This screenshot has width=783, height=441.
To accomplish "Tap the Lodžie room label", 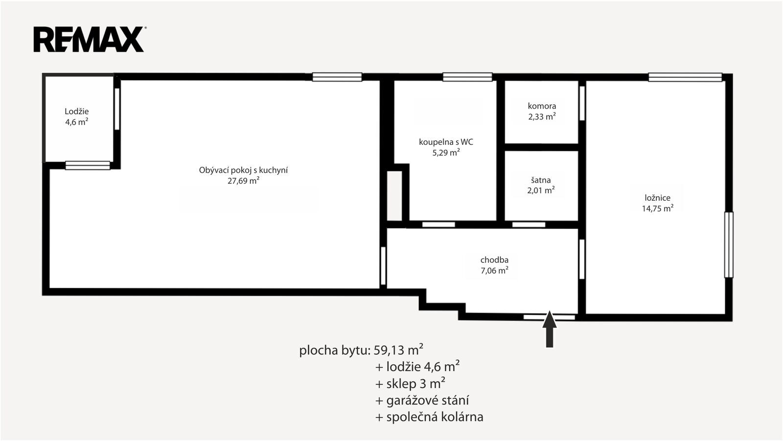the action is [76, 112].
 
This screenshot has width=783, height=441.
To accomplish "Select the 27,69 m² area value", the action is [243, 181].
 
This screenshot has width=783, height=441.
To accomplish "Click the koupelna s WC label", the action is [446, 142].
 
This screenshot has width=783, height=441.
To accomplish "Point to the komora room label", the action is [542, 106].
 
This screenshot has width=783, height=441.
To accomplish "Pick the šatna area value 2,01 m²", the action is [541, 190].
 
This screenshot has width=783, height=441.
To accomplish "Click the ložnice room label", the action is [658, 198].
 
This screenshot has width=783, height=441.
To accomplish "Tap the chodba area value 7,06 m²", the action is [494, 270].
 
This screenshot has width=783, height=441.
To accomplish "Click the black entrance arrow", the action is [550, 329].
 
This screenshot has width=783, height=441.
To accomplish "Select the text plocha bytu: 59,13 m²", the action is [362, 350].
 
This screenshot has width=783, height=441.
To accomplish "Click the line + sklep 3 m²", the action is [410, 384].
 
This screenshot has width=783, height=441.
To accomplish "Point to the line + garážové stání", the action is [422, 400].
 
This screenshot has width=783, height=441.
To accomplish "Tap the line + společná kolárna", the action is [429, 417].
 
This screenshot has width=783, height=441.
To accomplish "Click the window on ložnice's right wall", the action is [729, 245].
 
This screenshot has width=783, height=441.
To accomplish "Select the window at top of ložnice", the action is [685, 77].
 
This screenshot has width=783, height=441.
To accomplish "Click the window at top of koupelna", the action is [467, 77].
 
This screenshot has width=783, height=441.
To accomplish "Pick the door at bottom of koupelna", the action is [438, 225].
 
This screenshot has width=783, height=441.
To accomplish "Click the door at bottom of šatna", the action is [529, 225].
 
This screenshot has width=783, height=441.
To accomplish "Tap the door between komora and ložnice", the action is [582, 103].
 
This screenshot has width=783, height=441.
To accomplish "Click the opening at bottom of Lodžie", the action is [88, 165].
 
